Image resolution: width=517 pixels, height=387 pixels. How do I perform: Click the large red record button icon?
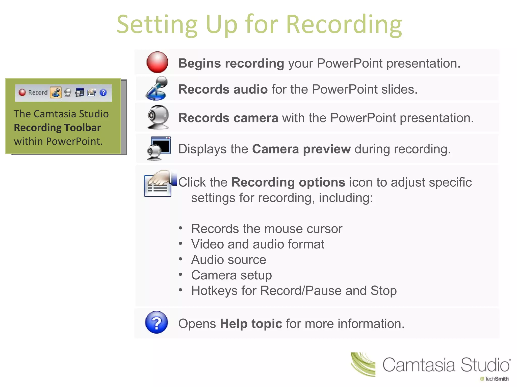[x=157, y=62]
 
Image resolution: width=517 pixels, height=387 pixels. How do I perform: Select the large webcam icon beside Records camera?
[x=158, y=117]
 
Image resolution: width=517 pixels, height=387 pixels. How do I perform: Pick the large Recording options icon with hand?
[x=159, y=183]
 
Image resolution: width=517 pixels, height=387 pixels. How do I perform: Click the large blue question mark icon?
[x=157, y=322]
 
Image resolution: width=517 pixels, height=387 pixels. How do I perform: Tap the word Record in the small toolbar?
[x=38, y=93]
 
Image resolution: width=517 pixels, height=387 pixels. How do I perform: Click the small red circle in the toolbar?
[x=22, y=92]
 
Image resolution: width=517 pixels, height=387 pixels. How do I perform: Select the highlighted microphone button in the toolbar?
[x=56, y=92]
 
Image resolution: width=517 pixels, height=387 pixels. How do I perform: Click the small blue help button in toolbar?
[x=103, y=93]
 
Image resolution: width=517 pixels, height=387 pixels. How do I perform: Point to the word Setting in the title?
[x=157, y=25]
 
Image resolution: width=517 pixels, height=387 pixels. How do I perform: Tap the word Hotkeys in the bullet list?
[x=214, y=291]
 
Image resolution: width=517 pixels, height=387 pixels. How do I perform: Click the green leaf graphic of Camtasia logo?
[x=363, y=364]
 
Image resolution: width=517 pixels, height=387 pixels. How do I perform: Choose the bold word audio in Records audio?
[x=250, y=89]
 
